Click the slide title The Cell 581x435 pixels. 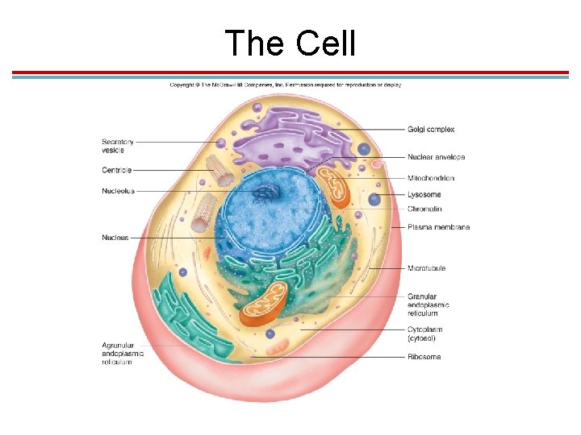click(x=290, y=43)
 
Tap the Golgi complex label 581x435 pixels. click(x=431, y=129)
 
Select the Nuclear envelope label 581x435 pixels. click(x=436, y=157)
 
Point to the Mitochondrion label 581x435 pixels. click(x=431, y=178)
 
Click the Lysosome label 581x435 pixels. click(x=424, y=195)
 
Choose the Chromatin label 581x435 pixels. click(x=424, y=209)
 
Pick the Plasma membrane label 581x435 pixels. click(x=438, y=227)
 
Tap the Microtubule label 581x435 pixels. click(x=427, y=268)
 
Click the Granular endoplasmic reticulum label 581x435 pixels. click(x=428, y=305)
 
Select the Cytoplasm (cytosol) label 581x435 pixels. click(x=425, y=333)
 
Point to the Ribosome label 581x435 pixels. click(x=424, y=357)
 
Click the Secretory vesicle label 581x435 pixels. click(x=118, y=146)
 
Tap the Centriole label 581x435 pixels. click(x=117, y=170)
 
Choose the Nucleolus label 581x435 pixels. click(x=118, y=191)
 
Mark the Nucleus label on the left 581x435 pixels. click(x=115, y=238)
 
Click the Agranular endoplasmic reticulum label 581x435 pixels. click(x=123, y=354)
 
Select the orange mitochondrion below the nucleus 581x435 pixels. click(x=264, y=302)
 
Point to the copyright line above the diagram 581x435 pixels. click(x=285, y=85)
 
